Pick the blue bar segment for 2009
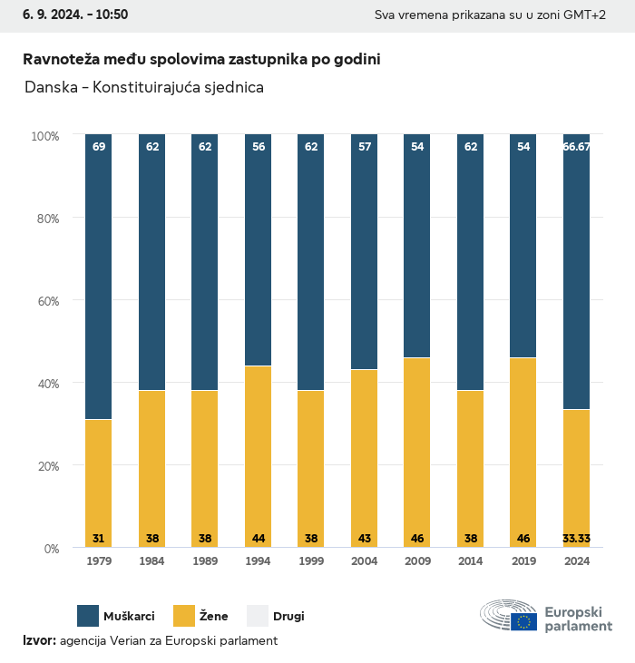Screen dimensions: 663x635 (417, 246)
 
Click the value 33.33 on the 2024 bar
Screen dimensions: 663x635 (576, 539)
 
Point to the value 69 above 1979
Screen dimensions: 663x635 (98, 146)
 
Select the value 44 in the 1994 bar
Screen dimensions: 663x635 (258, 539)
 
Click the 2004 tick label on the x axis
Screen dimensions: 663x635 (364, 561)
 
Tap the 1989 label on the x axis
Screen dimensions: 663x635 (205, 561)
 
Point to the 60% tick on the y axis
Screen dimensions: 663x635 (45, 301)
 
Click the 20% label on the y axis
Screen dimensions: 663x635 (45, 466)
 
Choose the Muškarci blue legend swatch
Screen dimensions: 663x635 (88, 616)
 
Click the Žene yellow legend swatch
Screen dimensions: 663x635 (185, 616)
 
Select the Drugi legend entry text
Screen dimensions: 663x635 (289, 617)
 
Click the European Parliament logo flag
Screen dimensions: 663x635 (523, 621)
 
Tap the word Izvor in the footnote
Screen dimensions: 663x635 (39, 641)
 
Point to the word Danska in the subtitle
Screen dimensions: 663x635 (50, 88)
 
